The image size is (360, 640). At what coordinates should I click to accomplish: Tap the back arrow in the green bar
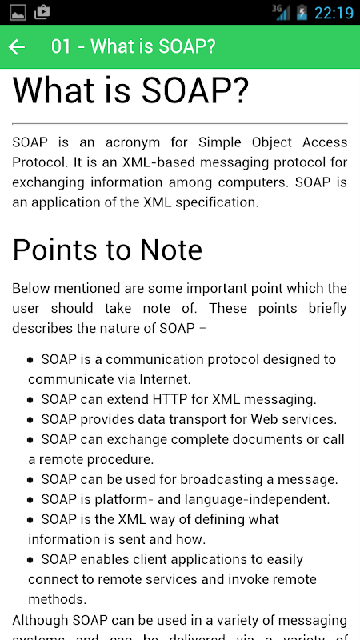(x=17, y=47)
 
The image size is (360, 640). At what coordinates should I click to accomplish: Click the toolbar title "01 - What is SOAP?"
(x=133, y=46)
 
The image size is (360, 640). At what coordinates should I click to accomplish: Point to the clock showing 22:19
(x=334, y=13)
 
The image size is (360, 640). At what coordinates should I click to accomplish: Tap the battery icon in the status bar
(x=302, y=13)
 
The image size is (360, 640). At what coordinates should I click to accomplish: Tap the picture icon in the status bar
(x=18, y=13)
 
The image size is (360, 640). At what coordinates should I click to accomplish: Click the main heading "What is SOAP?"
(x=130, y=90)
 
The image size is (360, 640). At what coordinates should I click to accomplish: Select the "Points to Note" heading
(x=107, y=250)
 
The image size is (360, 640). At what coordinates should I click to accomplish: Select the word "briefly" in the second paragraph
(x=327, y=309)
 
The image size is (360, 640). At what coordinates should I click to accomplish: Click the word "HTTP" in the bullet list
(x=170, y=399)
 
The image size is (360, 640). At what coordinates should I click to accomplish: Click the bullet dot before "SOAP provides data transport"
(x=30, y=420)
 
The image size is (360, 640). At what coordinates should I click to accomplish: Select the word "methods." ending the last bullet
(x=58, y=599)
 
